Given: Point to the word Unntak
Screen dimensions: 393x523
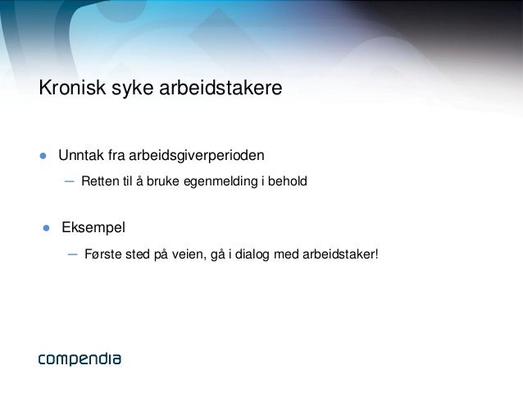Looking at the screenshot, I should tap(80, 154).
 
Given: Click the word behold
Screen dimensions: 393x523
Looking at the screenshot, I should tap(287, 181).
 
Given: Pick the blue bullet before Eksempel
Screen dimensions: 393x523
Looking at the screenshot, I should tap(48, 227).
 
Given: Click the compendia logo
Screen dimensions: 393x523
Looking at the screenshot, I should tap(80, 359).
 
